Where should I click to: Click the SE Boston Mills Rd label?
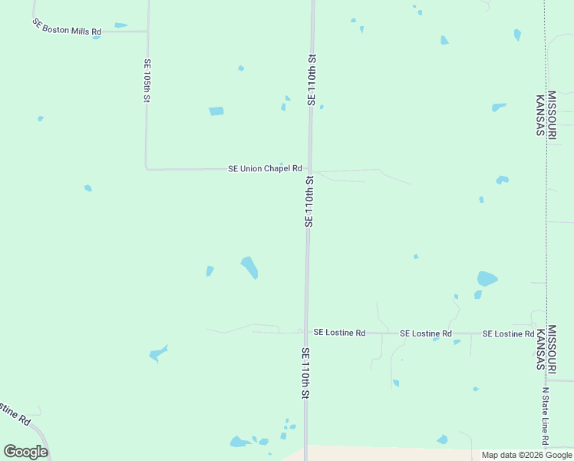click(x=68, y=28)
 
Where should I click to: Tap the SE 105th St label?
click(x=147, y=81)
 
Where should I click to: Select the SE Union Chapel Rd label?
click(x=265, y=168)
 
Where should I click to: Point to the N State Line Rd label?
click(x=546, y=416)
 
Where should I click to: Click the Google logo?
click(x=25, y=451)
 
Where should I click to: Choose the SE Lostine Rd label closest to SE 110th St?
click(x=339, y=333)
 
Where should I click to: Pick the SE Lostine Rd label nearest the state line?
click(x=508, y=334)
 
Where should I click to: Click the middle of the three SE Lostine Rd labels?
click(x=426, y=333)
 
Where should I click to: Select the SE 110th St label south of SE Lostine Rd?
click(x=305, y=373)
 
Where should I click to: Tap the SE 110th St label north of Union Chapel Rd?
click(x=311, y=79)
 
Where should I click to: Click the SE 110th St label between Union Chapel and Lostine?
click(x=308, y=201)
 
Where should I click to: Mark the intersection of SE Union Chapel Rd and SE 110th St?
click(x=309, y=170)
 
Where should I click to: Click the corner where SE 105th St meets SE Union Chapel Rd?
click(x=147, y=168)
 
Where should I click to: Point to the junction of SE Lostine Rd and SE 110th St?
click(x=306, y=333)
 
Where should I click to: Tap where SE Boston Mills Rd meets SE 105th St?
click(x=147, y=32)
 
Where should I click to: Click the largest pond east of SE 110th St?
click(x=487, y=278)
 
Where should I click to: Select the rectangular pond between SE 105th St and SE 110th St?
click(x=216, y=111)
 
